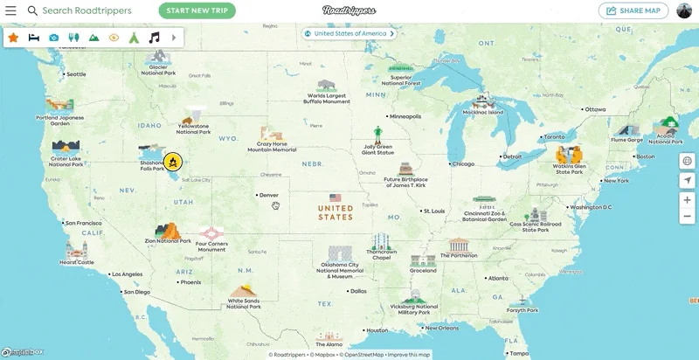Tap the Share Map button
(x=633, y=10)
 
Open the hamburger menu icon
(x=10, y=10)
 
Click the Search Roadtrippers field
(x=87, y=10)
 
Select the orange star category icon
(x=13, y=38)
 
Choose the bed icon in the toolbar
(x=33, y=38)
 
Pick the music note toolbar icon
(x=155, y=38)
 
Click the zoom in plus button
(x=688, y=200)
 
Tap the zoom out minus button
(x=688, y=216)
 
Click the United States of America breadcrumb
(x=349, y=34)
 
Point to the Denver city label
(x=268, y=195)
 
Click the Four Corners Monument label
(x=211, y=246)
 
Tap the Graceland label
(x=423, y=271)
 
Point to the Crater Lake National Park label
(x=66, y=161)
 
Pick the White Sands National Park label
(x=244, y=303)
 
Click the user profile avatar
(x=684, y=10)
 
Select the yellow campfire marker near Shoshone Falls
(x=173, y=162)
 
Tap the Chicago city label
(x=463, y=163)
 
